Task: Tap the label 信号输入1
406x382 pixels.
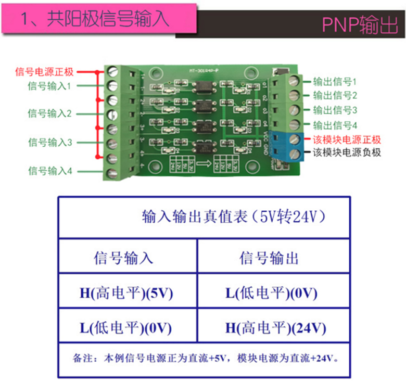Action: (x=50, y=85)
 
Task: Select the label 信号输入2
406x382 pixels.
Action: (x=50, y=113)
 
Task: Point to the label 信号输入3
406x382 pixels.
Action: (x=50, y=142)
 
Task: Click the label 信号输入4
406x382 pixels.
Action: (x=50, y=170)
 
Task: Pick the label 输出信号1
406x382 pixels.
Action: (x=335, y=82)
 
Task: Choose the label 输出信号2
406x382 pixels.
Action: (x=335, y=96)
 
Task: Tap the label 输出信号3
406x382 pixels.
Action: (x=335, y=110)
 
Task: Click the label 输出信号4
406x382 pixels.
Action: (x=335, y=125)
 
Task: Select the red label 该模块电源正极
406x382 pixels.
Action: (x=347, y=139)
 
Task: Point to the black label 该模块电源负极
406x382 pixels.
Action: (x=347, y=153)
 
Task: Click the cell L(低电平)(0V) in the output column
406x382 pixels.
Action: (x=271, y=293)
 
